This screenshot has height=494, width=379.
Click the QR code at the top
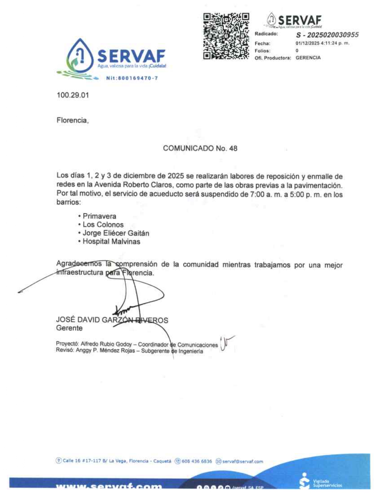(x=226, y=36)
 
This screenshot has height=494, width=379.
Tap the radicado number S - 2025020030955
(x=327, y=35)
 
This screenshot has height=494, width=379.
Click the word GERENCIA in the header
(x=308, y=58)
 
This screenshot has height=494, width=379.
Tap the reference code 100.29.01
(x=73, y=95)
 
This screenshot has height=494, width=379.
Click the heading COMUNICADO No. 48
(x=200, y=148)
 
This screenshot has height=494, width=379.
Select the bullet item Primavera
(x=99, y=216)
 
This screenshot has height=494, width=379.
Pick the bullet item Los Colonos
(x=103, y=225)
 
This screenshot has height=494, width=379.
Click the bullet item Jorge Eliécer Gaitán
(x=116, y=233)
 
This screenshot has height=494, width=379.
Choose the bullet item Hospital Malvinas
(x=111, y=241)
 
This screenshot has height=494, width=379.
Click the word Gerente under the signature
(x=69, y=328)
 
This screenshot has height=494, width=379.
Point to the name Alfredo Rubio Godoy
(x=106, y=344)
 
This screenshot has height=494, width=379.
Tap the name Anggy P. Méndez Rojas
(x=105, y=350)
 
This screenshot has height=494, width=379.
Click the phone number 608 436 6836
(x=197, y=461)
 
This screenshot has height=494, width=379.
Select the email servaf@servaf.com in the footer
(x=243, y=461)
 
